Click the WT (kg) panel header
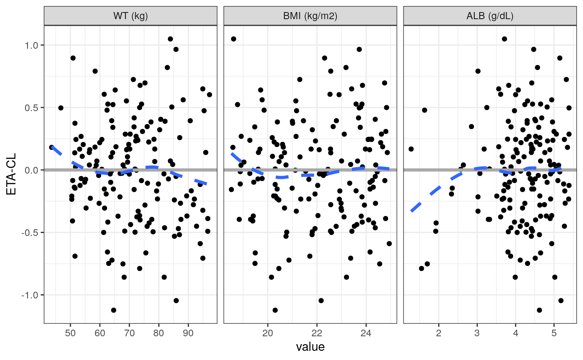click(130, 16)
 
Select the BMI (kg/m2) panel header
click(310, 16)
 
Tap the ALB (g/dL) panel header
click(490, 16)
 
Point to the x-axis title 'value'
click(310, 347)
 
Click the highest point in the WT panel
click(170, 39)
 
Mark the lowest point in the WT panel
click(113, 310)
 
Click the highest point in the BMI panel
click(234, 39)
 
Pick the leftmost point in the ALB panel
click(411, 149)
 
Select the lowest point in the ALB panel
click(539, 310)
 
